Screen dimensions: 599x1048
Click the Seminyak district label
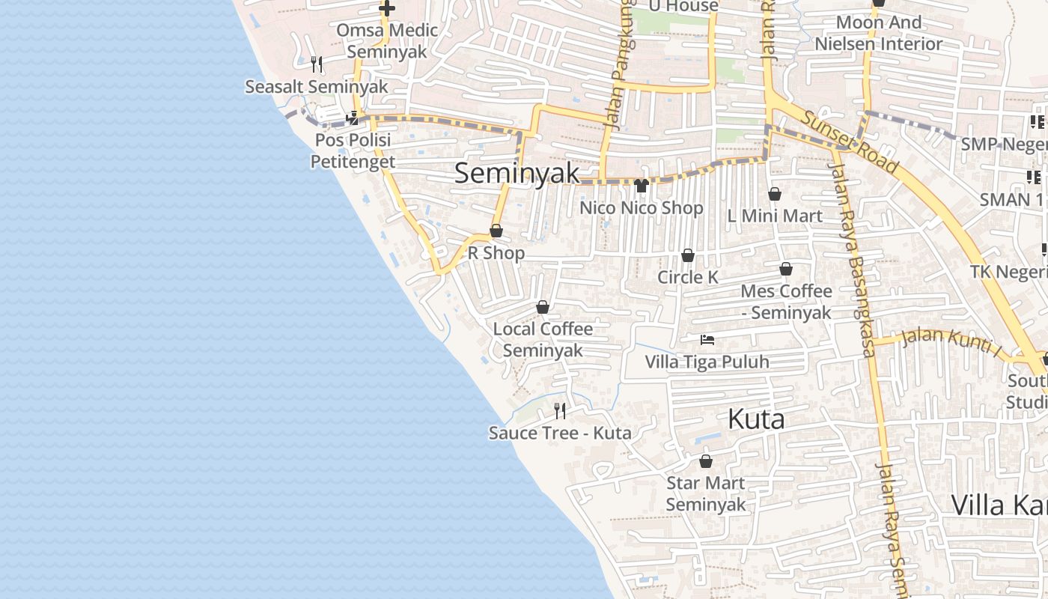[517, 173]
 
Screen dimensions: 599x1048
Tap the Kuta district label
[756, 419]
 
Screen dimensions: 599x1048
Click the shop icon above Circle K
[688, 256]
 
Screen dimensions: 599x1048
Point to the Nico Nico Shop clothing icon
[641, 186]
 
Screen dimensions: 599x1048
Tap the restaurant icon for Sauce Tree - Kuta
[559, 410]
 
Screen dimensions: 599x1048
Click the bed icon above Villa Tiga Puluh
[707, 340]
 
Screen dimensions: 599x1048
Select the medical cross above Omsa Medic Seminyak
[386, 9]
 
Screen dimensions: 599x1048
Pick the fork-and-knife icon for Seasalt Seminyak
[317, 64]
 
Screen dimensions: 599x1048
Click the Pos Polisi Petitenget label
[353, 150]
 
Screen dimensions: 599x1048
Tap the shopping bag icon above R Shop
[496, 231]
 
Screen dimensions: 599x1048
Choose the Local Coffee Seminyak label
[543, 339]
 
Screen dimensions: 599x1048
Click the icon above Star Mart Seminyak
[705, 461]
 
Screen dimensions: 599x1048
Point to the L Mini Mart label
[775, 216]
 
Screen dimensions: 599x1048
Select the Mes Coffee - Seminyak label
[786, 301]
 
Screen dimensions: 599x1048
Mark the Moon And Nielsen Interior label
[878, 33]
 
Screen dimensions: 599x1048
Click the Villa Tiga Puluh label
[707, 362]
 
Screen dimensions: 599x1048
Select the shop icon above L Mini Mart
[775, 194]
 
